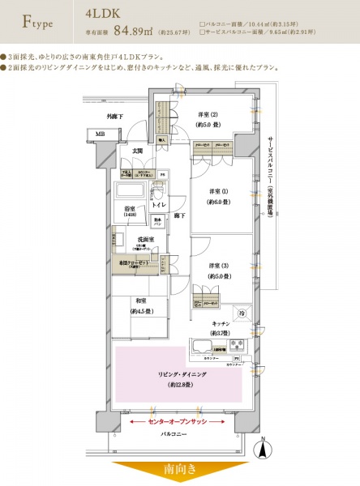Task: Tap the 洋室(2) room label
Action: (x=208, y=119)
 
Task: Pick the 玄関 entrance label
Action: (x=138, y=151)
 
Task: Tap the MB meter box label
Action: (x=100, y=134)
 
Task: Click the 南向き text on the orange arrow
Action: (x=179, y=470)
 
